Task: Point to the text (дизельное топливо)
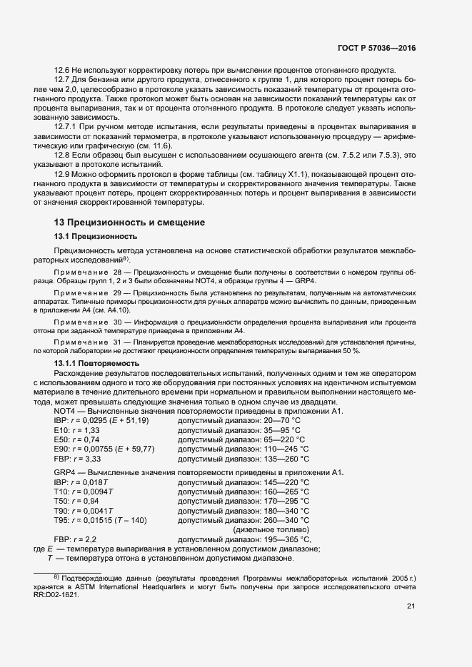pyautogui.click(x=271, y=529)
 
